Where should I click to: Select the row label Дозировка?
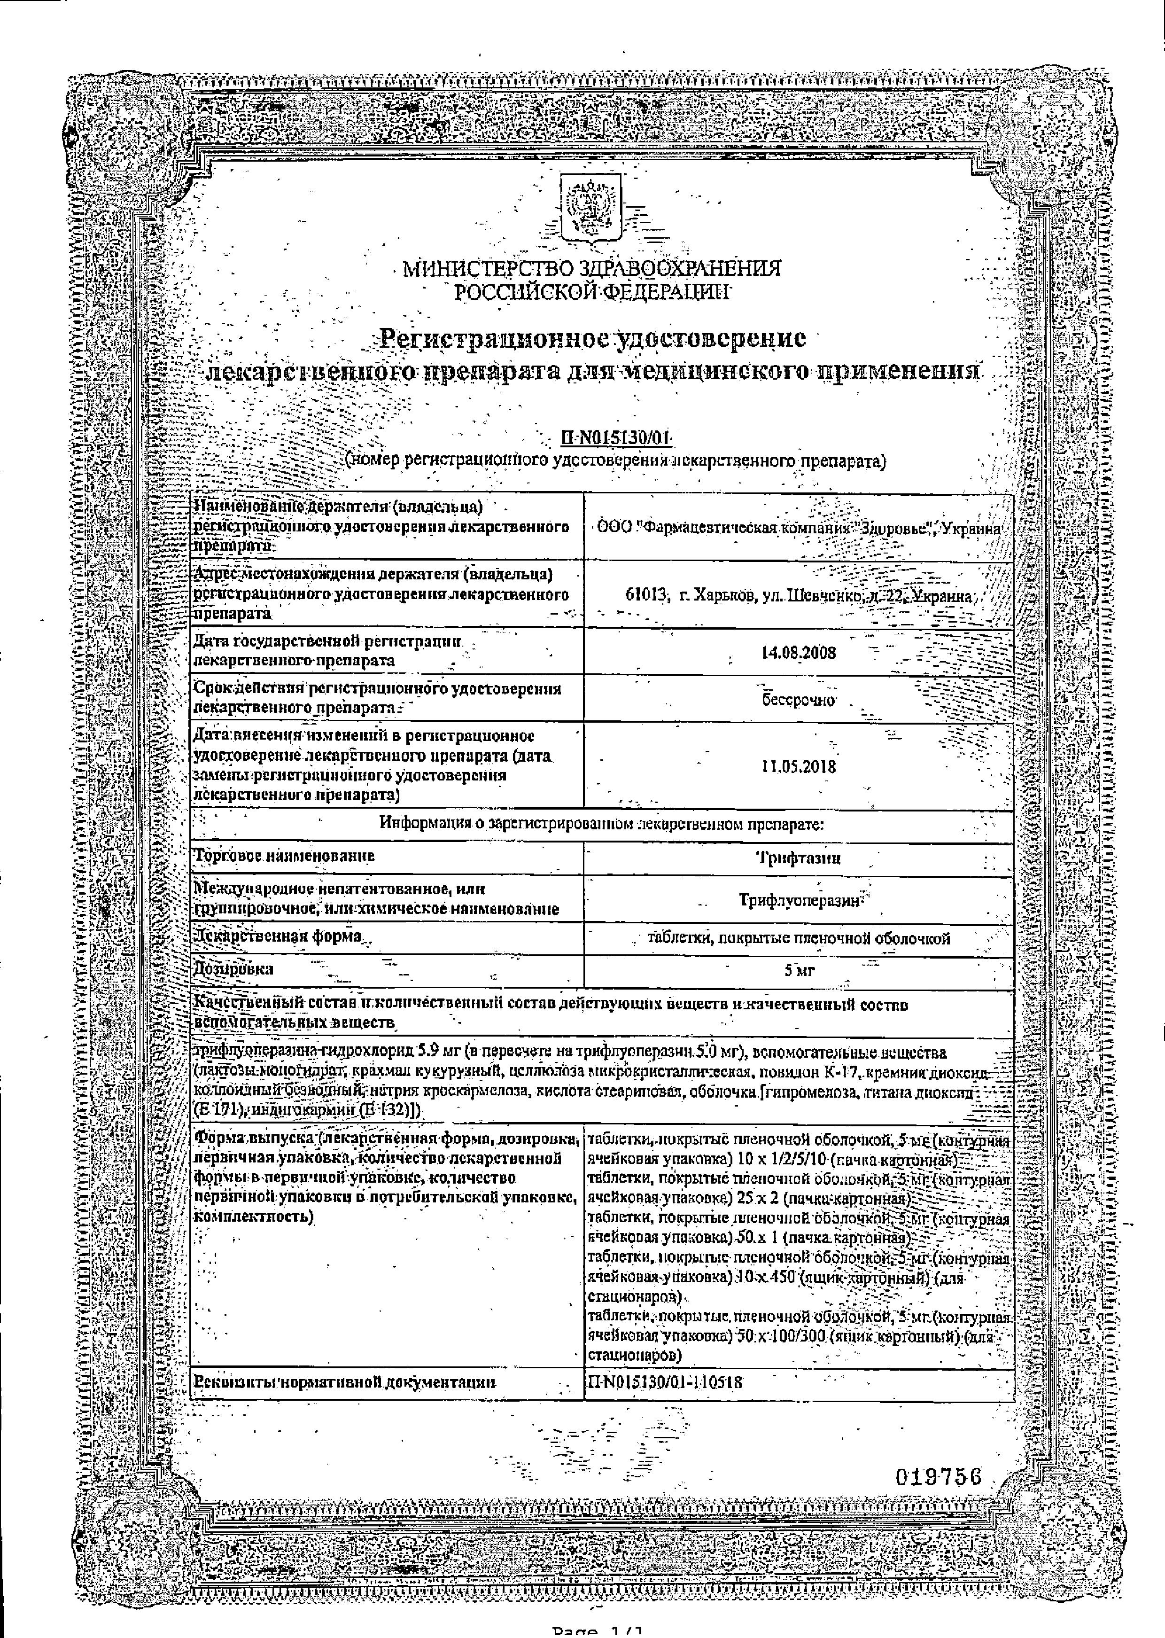pyautogui.click(x=234, y=968)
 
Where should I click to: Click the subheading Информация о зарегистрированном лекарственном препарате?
pyautogui.click(x=601, y=824)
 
